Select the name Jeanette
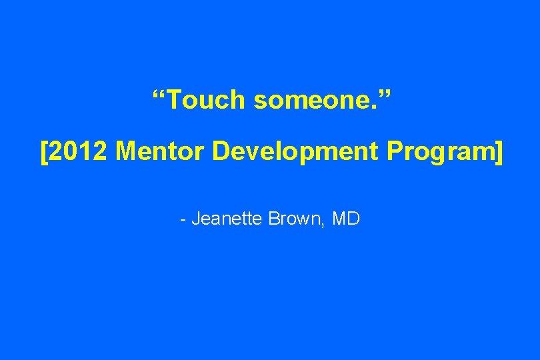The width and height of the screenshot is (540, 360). [227, 219]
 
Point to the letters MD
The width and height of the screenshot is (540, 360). [345, 219]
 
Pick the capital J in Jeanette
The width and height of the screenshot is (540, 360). [195, 219]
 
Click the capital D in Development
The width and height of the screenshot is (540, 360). [222, 152]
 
